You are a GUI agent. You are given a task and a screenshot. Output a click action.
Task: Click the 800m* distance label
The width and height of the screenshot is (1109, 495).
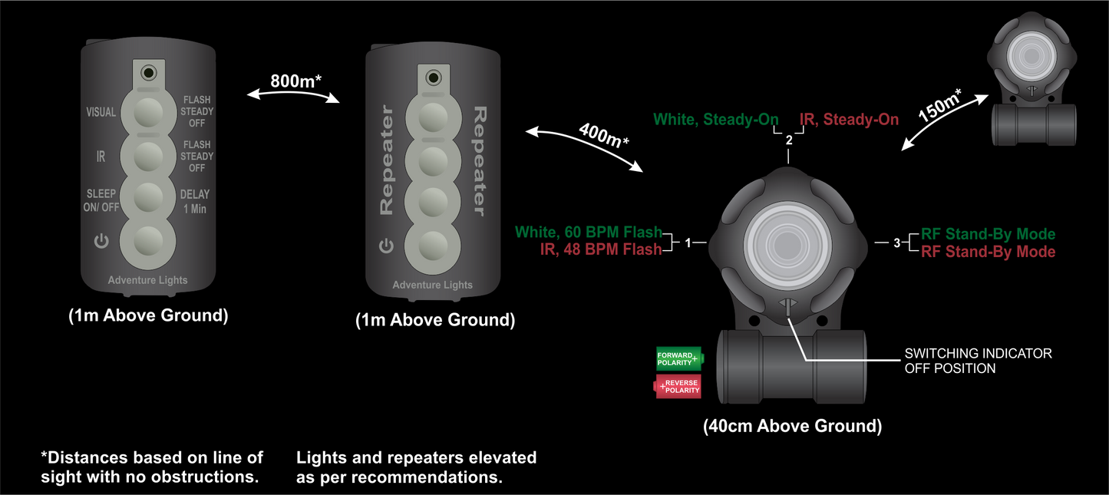tap(295, 81)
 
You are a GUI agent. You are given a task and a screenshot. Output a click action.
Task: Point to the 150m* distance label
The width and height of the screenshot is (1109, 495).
tap(939, 104)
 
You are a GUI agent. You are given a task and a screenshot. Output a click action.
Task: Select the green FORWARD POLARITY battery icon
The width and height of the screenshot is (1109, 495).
tap(679, 358)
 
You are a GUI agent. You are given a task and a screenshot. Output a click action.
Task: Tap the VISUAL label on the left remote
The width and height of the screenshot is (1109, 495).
tap(101, 112)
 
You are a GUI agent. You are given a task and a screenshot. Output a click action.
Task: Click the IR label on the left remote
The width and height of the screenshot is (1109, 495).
tap(101, 157)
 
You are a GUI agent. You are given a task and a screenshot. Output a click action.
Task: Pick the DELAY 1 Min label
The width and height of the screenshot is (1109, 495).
tap(194, 201)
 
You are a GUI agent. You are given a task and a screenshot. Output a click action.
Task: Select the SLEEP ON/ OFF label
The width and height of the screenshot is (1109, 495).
tap(101, 201)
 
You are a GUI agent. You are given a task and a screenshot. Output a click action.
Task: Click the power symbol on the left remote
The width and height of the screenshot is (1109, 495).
tap(101, 243)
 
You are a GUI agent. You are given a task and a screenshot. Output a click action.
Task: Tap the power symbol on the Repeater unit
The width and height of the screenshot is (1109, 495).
tap(386, 246)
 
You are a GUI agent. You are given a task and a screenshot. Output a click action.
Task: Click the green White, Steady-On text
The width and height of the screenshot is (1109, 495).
tap(715, 120)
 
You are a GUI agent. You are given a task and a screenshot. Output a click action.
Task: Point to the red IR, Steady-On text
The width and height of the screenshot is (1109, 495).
tap(849, 120)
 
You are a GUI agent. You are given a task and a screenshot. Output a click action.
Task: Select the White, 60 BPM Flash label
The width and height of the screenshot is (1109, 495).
tap(588, 232)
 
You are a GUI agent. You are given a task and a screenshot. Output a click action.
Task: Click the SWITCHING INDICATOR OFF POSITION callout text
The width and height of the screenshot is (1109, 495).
tap(978, 361)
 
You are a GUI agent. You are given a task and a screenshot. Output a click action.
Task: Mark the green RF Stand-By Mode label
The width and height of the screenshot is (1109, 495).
tap(988, 234)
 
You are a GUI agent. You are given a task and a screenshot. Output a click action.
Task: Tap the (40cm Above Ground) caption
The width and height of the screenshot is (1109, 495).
tap(792, 427)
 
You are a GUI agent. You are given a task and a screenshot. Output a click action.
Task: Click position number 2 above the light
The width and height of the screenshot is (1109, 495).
tap(789, 140)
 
